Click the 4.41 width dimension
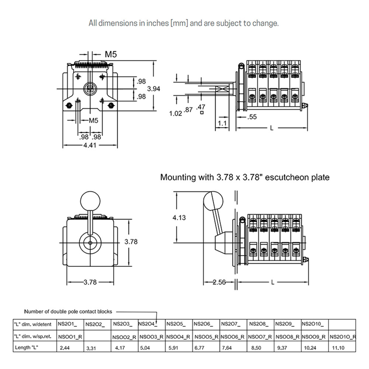click(x=90, y=145)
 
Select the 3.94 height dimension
click(x=154, y=89)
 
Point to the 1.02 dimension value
click(x=176, y=113)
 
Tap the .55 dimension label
click(x=252, y=117)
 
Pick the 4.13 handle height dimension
click(x=179, y=217)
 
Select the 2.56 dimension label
click(x=219, y=282)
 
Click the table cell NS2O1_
click(x=68, y=324)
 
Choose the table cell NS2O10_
click(x=313, y=324)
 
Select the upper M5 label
click(x=111, y=54)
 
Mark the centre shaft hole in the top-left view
click(x=90, y=89)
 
